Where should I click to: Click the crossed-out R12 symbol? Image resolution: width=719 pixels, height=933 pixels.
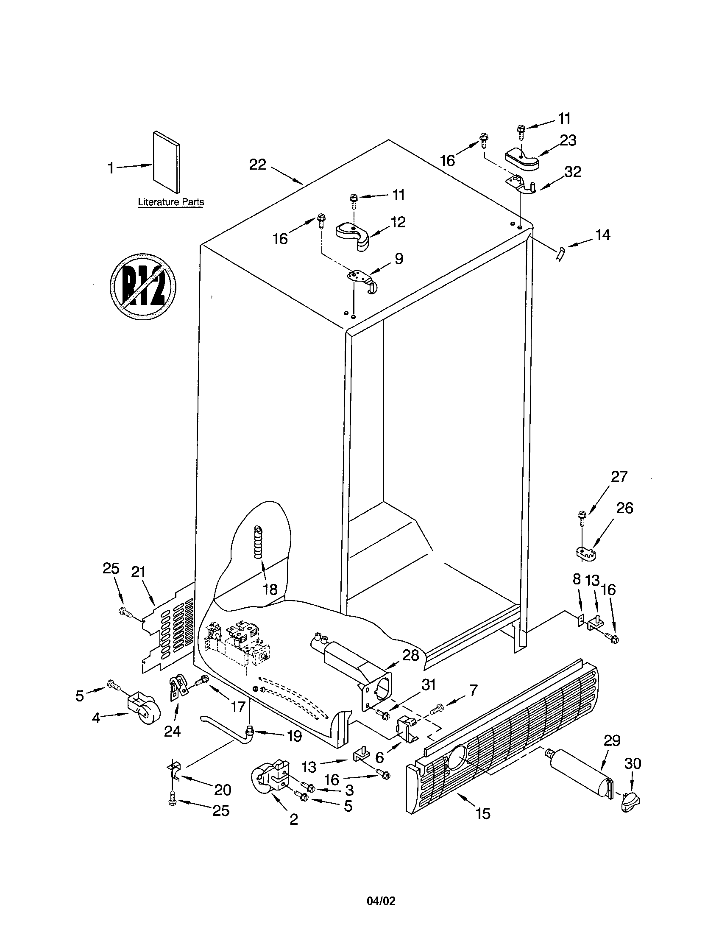(143, 285)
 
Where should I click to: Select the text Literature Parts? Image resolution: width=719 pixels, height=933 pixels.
(171, 202)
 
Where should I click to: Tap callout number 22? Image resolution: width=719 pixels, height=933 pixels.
(257, 165)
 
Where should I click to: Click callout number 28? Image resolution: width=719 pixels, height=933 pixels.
(411, 655)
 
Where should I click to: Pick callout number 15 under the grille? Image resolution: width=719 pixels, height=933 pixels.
(483, 814)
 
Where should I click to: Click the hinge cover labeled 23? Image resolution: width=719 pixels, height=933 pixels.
(522, 160)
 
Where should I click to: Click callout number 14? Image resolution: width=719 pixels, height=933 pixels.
(603, 235)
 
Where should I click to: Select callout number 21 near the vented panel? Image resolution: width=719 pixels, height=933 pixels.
(138, 572)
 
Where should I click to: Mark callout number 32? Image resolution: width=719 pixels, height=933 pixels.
(573, 172)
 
